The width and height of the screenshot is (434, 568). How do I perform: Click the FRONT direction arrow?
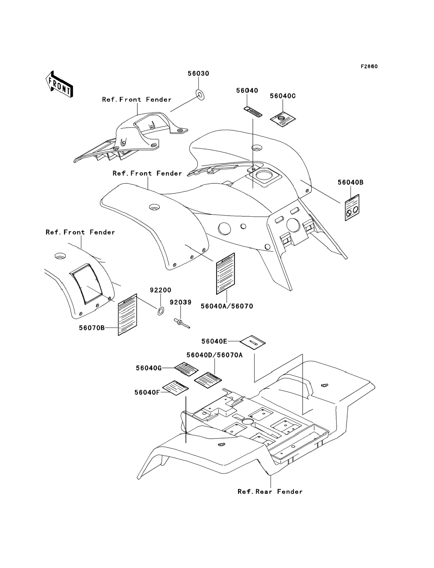tap(59, 84)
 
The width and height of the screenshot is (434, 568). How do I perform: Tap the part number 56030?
tap(198, 74)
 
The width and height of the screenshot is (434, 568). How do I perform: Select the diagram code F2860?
tap(369, 67)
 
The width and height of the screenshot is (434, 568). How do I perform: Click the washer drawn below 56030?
tap(200, 95)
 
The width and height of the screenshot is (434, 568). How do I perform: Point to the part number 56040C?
tap(283, 96)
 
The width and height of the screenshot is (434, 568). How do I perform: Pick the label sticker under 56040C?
tap(283, 120)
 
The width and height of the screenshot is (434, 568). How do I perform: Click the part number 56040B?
tap(351, 183)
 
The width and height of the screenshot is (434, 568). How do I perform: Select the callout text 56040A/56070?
tap(227, 306)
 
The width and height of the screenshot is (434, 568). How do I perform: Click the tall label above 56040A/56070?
tap(225, 274)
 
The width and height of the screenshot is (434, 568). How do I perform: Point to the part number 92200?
tap(160, 290)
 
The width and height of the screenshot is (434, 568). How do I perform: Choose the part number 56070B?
tap(92, 328)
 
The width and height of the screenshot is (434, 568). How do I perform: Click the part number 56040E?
tap(214, 341)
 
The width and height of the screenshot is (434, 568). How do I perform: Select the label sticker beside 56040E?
tap(253, 342)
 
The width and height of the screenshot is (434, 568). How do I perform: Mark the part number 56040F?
tap(147, 392)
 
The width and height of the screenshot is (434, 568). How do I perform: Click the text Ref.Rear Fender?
tap(270, 492)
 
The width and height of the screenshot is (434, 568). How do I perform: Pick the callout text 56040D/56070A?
tap(215, 355)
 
